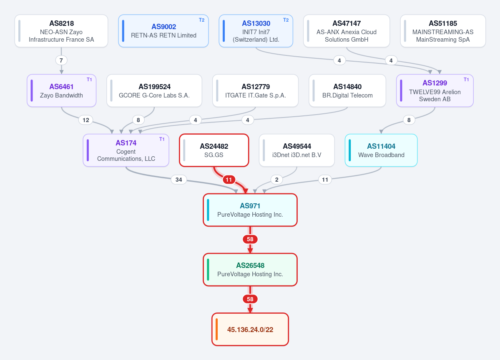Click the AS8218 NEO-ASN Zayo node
(61, 31)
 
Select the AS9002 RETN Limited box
(163, 31)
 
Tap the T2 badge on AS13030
(286, 20)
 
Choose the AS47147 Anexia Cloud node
(346, 31)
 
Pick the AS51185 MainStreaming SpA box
(443, 31)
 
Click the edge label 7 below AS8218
(61, 60)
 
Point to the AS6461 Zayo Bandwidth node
(62, 90)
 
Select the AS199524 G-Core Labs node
(154, 90)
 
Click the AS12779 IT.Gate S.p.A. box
(255, 90)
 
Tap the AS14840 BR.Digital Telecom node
(347, 90)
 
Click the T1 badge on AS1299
(466, 80)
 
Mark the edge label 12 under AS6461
(86, 120)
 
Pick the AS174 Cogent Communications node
(126, 150)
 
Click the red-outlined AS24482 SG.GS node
(214, 150)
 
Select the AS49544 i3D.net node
(296, 150)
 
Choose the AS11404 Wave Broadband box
(381, 150)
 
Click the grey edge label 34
(178, 180)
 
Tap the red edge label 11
(229, 180)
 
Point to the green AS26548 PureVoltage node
(250, 270)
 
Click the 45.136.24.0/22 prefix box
(250, 330)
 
